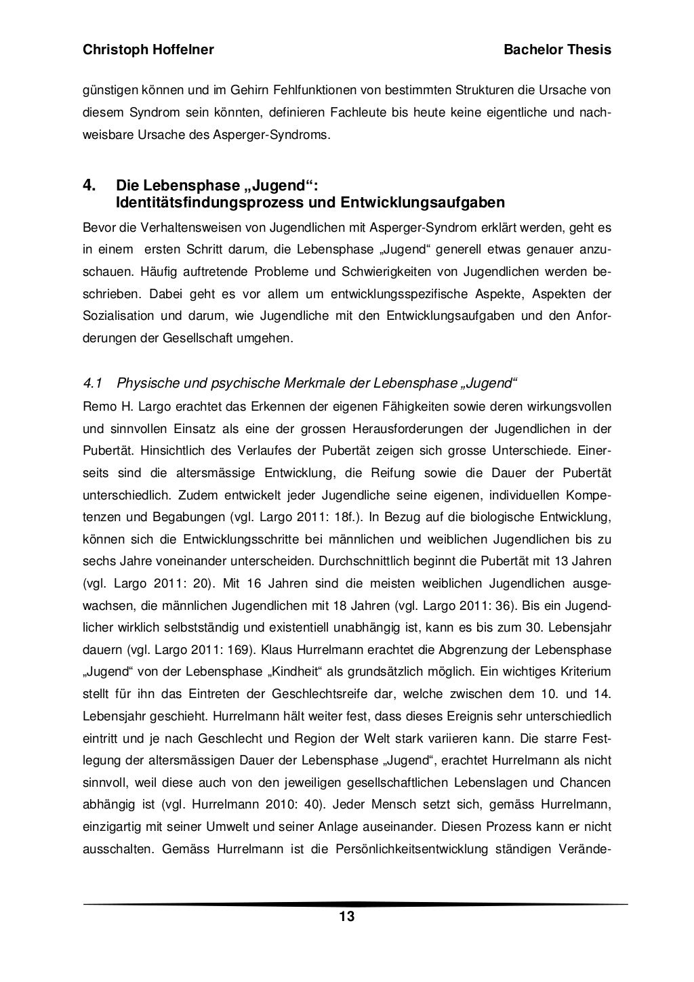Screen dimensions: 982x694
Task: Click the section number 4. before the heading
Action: pyautogui.click(x=88, y=185)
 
